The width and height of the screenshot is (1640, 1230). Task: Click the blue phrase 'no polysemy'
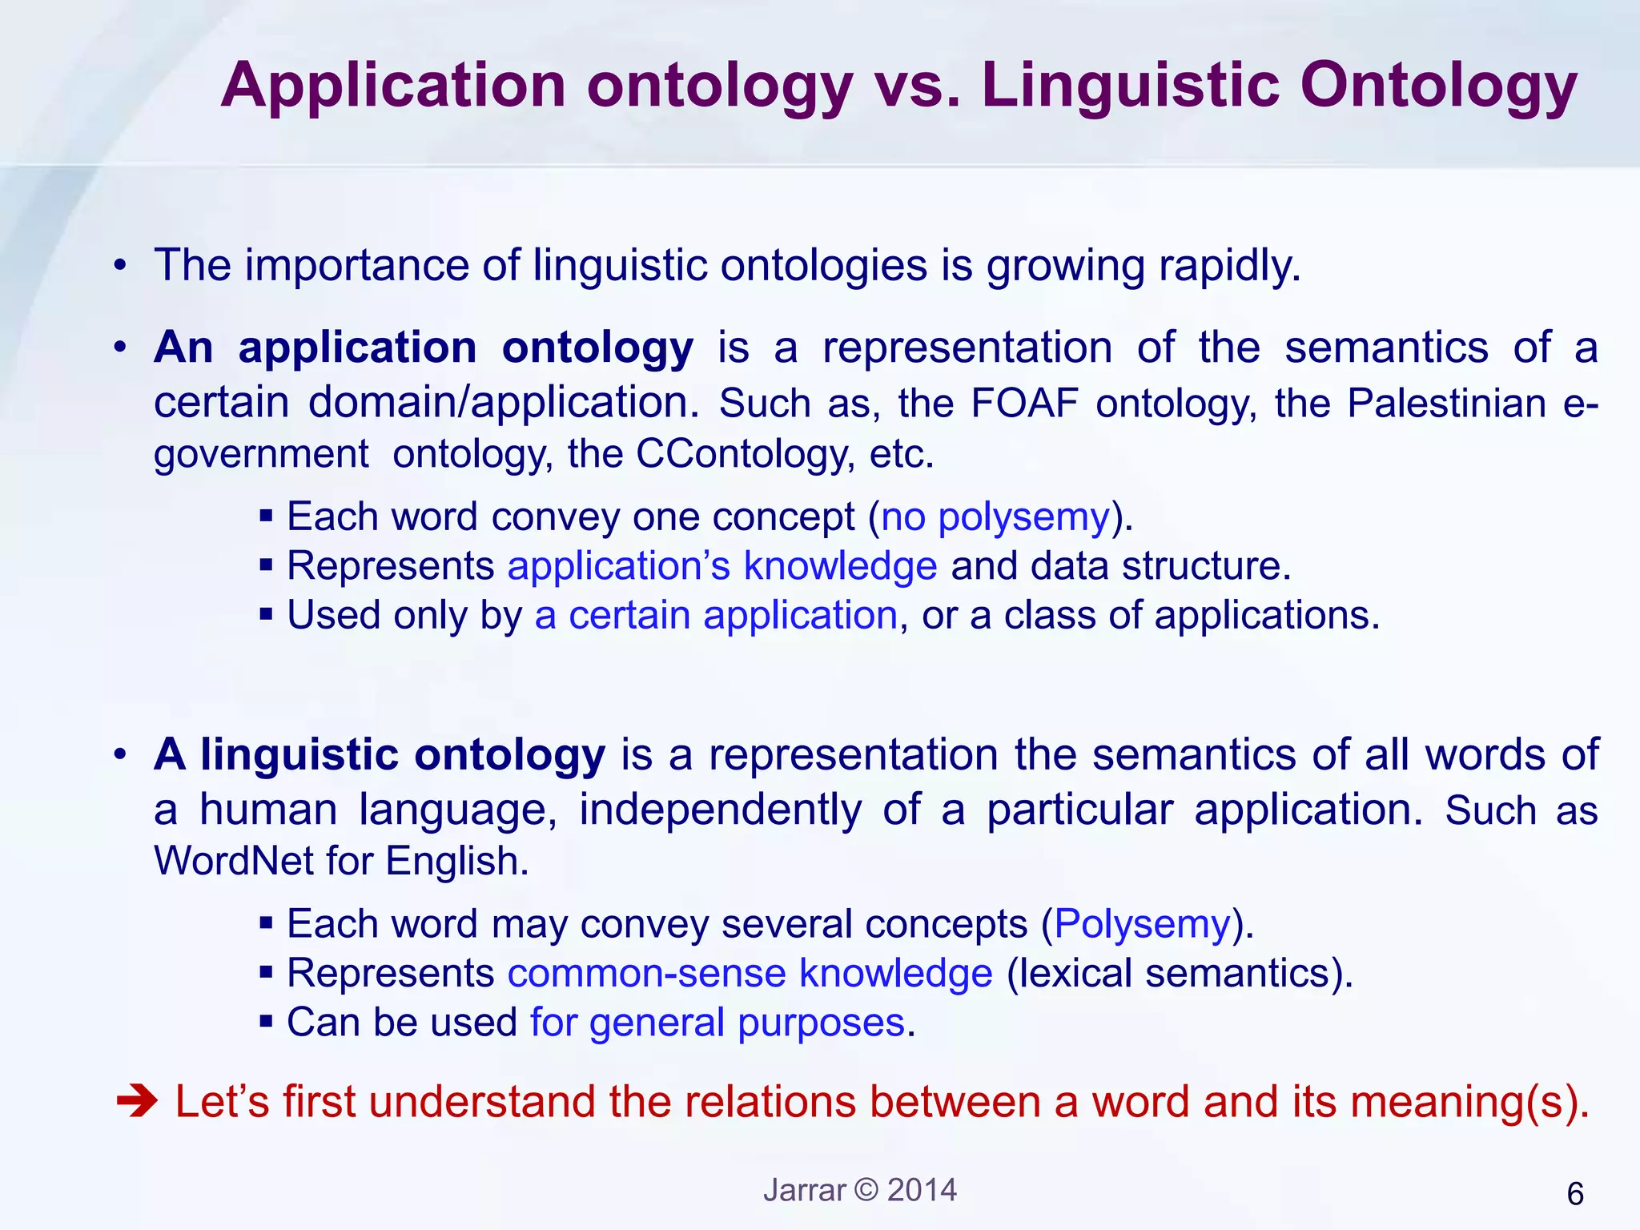click(995, 517)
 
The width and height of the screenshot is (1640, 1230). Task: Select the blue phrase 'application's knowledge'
click(722, 566)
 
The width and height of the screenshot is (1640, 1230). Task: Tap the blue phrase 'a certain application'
click(716, 616)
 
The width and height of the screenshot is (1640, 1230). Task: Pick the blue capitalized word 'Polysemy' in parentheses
click(1142, 924)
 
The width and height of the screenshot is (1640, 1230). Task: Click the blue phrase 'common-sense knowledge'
click(750, 974)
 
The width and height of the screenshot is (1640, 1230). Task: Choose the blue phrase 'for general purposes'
click(717, 1023)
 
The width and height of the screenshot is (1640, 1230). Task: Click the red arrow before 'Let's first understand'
click(138, 1102)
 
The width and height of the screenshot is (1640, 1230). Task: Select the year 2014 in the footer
click(922, 1190)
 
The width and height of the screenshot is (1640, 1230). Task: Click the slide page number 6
click(1574, 1194)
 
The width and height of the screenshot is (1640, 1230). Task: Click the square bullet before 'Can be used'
click(267, 1022)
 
